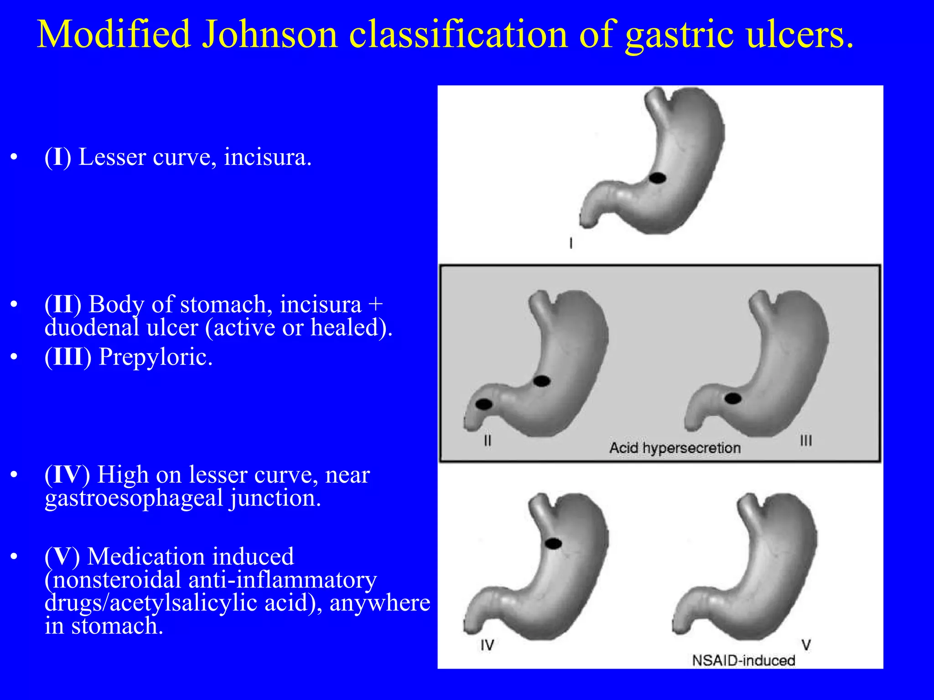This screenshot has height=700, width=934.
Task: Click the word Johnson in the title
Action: pyautogui.click(x=269, y=35)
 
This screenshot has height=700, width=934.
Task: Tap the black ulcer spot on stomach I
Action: pyautogui.click(x=657, y=178)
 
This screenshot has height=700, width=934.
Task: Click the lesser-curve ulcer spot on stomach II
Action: pyautogui.click(x=542, y=381)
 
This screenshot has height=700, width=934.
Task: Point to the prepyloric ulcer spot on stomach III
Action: pyautogui.click(x=733, y=399)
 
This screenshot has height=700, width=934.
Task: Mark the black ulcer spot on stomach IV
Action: pyautogui.click(x=553, y=543)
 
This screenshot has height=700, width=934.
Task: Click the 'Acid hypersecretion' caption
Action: pyautogui.click(x=675, y=448)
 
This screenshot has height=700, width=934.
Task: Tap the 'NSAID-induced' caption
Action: pyautogui.click(x=743, y=660)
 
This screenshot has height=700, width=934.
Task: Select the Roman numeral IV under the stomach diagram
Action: pyautogui.click(x=487, y=645)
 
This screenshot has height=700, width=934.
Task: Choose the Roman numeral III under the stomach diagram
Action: pyautogui.click(x=806, y=441)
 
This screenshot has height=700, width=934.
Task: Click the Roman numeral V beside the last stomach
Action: pyautogui.click(x=806, y=645)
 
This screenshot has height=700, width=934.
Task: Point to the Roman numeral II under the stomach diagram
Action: pyautogui.click(x=488, y=441)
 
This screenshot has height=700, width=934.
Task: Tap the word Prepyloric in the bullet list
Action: pyautogui.click(x=156, y=357)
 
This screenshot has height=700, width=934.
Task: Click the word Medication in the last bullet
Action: pyautogui.click(x=191, y=556)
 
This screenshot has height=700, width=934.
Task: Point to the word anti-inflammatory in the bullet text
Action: pyautogui.click(x=282, y=580)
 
